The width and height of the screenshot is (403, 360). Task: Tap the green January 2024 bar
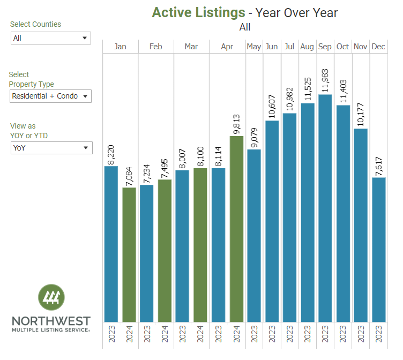[129, 254]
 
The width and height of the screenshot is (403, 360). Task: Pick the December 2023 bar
[378, 250]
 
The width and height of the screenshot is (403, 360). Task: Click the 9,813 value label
[236, 122]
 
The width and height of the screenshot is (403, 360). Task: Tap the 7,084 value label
[129, 173]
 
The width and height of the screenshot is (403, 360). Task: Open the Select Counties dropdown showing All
[51, 38]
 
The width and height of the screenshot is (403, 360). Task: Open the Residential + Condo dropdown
[51, 96]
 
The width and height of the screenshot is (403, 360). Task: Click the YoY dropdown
[51, 148]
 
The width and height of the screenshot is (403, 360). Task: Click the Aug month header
[307, 47]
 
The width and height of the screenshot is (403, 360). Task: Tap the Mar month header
[191, 47]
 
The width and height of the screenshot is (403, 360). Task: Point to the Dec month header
[378, 47]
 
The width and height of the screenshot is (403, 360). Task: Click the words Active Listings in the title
[198, 12]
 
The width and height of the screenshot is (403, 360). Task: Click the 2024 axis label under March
[200, 334]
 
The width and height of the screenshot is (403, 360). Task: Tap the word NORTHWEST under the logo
[51, 321]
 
